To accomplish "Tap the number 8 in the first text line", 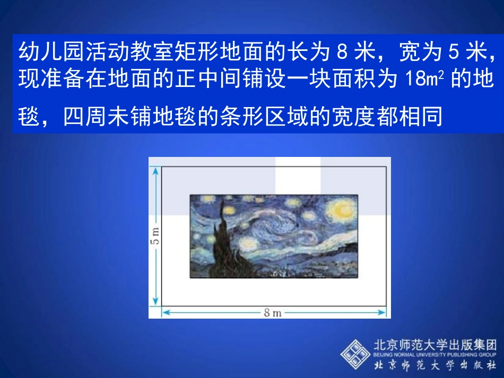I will (x=341, y=52).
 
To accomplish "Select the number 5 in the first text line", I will (x=453, y=52).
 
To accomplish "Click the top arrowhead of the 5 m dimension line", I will (x=155, y=170).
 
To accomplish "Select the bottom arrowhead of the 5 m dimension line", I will (x=155, y=303).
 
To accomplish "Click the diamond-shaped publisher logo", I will (x=355, y=354).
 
